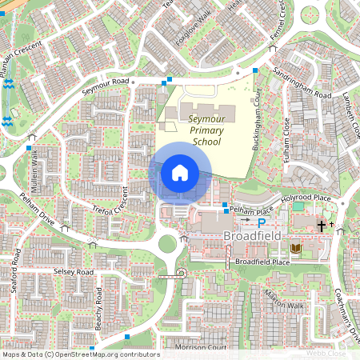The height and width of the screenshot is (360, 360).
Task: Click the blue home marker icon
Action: pos(180,172)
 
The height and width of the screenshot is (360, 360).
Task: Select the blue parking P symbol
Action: pos(261,218)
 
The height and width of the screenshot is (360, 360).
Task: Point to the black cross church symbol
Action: pos(322,226)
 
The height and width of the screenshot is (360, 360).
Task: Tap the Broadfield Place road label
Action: pos(262,262)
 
